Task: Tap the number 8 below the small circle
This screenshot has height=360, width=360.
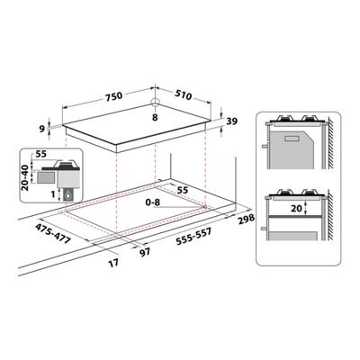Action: [154, 116]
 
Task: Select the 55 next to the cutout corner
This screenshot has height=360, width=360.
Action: [182, 191]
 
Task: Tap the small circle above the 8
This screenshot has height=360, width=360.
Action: [155, 102]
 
